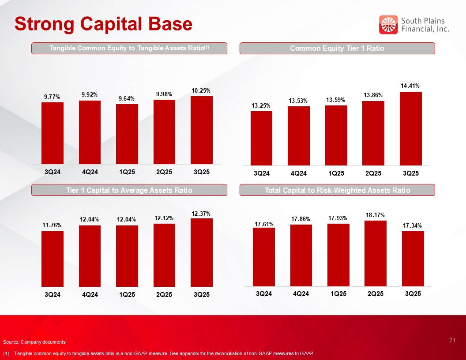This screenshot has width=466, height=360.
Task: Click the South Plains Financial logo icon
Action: (x=388, y=25)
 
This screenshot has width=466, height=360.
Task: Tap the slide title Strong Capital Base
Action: (x=103, y=24)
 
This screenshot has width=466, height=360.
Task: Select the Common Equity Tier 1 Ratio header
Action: (x=337, y=48)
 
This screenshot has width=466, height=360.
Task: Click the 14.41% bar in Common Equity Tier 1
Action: (x=411, y=128)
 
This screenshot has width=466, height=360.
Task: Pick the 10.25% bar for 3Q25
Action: (x=202, y=130)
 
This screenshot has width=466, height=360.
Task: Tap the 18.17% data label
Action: (x=375, y=215)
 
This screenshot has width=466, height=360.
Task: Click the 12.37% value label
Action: (x=201, y=213)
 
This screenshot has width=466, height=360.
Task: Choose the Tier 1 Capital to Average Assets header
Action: (x=129, y=190)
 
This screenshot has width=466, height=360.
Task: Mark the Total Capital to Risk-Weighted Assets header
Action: (x=337, y=190)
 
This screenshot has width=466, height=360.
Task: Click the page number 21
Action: (x=451, y=340)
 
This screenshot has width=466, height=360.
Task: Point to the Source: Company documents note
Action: (x=34, y=342)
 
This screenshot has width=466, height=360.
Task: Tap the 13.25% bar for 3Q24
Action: (x=261, y=138)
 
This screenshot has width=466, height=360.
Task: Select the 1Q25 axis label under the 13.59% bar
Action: (x=336, y=173)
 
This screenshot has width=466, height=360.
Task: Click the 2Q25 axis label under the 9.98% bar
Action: (x=164, y=172)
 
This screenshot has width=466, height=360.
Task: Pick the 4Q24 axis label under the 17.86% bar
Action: (x=301, y=294)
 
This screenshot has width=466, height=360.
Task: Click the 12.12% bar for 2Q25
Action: (x=164, y=255)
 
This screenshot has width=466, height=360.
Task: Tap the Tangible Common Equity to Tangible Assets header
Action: (x=129, y=48)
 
